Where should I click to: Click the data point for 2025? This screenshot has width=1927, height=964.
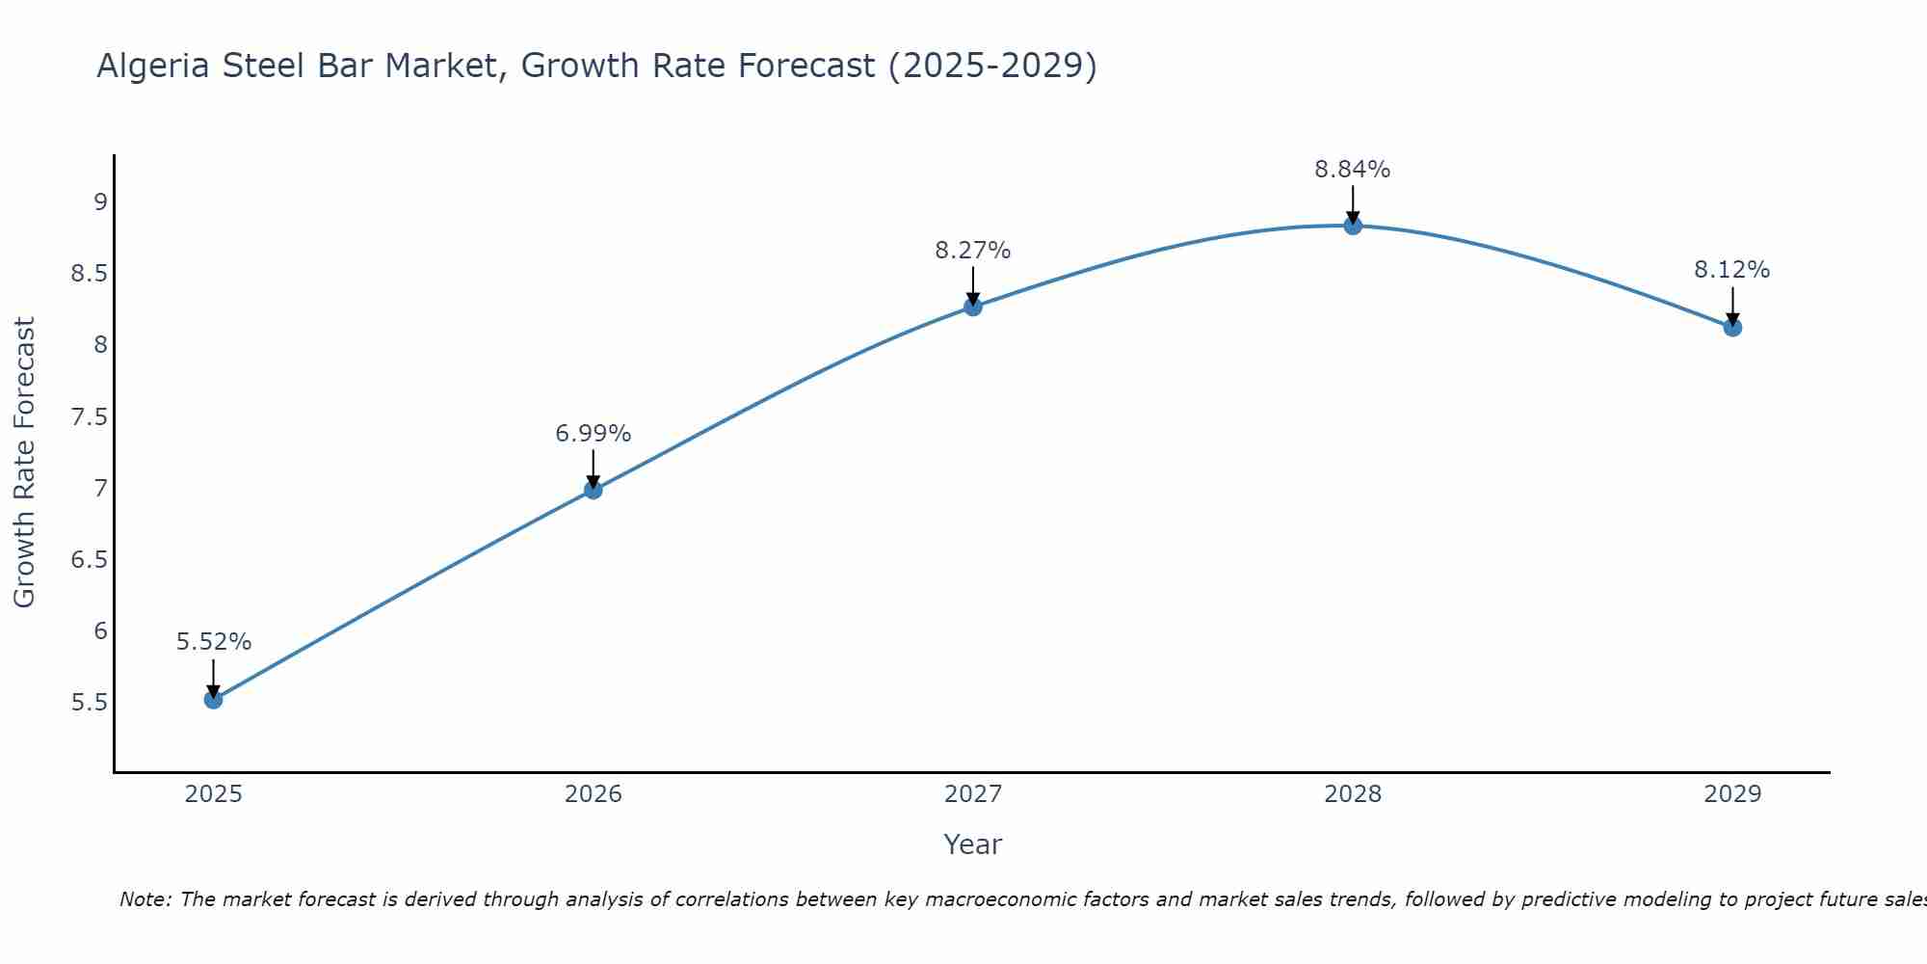tap(213, 699)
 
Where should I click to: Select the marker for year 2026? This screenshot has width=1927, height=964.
tap(593, 490)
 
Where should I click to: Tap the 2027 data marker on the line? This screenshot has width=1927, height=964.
tap(972, 307)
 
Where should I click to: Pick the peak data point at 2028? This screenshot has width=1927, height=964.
tap(1352, 226)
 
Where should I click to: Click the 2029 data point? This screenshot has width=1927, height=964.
tap(1731, 328)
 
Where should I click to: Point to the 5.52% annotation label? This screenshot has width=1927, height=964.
tap(213, 642)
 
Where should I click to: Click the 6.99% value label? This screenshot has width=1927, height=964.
tap(593, 434)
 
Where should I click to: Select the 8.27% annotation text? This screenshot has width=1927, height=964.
tap(972, 251)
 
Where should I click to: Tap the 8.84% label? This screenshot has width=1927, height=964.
tap(1352, 170)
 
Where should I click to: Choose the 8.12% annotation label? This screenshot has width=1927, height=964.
tap(1731, 270)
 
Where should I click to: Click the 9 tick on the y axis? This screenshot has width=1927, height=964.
tap(100, 202)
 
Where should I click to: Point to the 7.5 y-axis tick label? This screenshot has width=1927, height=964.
tap(89, 417)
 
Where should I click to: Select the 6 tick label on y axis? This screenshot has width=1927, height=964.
tap(100, 631)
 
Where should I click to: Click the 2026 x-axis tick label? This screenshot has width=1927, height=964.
tap(593, 794)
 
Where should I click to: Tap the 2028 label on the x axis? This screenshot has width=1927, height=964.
tap(1352, 794)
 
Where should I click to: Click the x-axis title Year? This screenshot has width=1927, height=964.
tap(972, 844)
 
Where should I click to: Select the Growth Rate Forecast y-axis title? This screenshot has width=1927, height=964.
tap(24, 463)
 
